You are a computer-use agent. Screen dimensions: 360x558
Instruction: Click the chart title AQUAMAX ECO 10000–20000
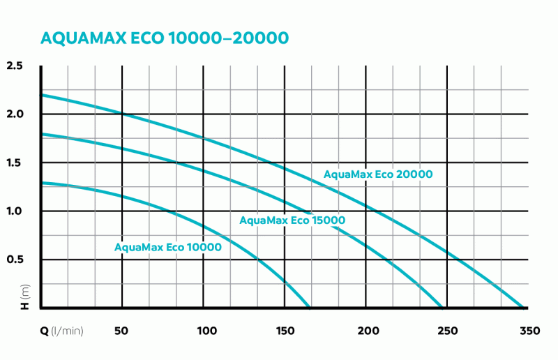point(165,38)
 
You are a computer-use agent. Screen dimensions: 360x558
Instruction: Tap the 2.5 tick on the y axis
point(15,66)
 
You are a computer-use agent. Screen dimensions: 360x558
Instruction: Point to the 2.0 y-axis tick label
point(15,114)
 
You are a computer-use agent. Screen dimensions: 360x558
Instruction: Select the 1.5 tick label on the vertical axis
point(15,163)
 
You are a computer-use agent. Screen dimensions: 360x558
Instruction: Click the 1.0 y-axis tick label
point(15,211)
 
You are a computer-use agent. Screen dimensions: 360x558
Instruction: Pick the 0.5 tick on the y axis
point(15,260)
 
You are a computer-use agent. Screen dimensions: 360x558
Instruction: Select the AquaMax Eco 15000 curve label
point(292,220)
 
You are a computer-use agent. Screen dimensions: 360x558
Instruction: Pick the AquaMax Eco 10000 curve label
point(168,247)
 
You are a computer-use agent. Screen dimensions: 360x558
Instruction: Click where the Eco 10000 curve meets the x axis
point(309,307)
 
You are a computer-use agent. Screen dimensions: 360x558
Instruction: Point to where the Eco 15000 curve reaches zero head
point(442,307)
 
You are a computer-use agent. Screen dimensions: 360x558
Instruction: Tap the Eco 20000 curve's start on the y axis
point(42,94)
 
